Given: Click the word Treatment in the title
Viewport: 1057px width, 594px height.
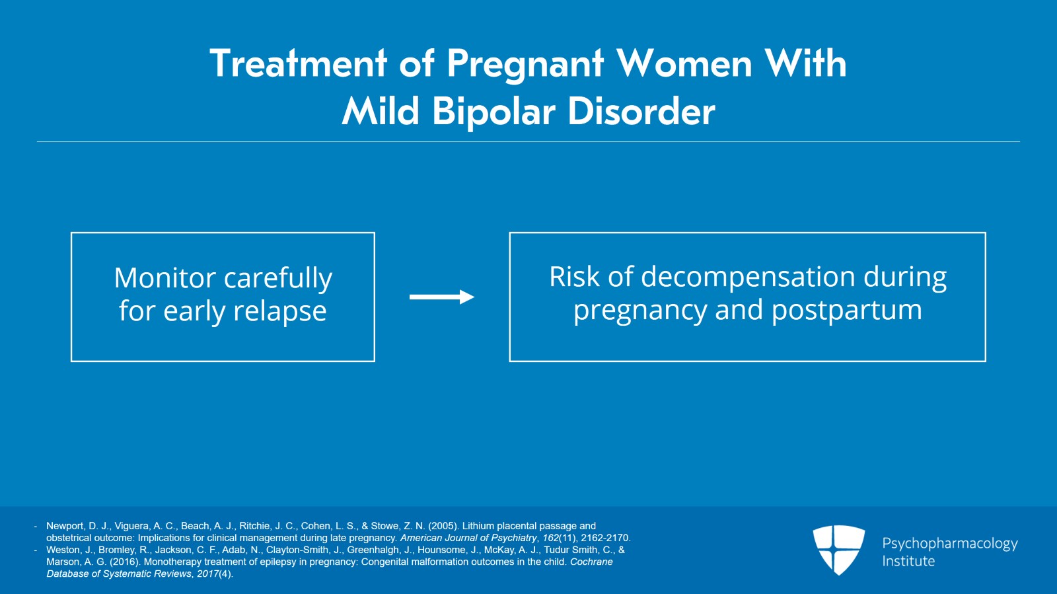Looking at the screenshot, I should pos(298,64).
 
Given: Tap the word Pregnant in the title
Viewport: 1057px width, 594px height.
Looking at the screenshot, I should pos(525,64).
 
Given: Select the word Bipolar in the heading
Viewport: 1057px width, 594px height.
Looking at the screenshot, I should pos(493,111).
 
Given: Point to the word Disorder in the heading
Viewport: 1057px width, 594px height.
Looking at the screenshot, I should pos(641,111).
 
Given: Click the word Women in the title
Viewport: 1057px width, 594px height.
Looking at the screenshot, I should pos(684,64).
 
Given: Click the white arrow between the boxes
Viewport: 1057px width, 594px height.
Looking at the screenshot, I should pos(441,297).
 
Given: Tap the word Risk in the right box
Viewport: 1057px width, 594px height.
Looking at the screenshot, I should pos(575,277).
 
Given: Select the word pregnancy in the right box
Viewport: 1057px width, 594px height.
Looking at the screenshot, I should pos(639,311).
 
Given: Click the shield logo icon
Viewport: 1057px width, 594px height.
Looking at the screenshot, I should pos(838,549).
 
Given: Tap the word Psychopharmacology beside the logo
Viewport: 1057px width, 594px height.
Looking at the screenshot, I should pos(949,543).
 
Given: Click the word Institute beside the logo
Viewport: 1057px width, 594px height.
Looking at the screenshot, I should pos(908,561).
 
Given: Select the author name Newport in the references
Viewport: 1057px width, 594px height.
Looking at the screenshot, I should pos(65,526).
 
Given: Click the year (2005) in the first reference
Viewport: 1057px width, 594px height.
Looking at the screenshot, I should pos(443,526).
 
